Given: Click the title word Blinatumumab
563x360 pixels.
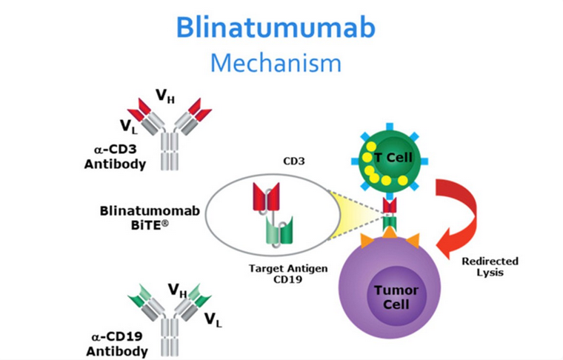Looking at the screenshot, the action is pyautogui.click(x=276, y=27).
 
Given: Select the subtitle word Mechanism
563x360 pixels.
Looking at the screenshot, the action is pyautogui.click(x=276, y=63).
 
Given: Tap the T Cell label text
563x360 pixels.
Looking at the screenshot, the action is pyautogui.click(x=393, y=157).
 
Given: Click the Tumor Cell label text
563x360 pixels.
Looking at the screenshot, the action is pyautogui.click(x=396, y=297).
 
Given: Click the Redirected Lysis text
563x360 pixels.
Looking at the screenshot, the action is pyautogui.click(x=490, y=267).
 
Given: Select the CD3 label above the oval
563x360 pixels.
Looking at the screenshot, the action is pyautogui.click(x=293, y=161).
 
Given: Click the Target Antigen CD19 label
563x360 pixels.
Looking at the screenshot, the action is pyautogui.click(x=288, y=273).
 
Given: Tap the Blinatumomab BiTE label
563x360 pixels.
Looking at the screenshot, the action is pyautogui.click(x=150, y=218).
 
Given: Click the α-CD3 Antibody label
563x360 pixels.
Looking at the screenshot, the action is pyautogui.click(x=116, y=157).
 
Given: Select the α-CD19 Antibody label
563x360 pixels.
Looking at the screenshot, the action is pyautogui.click(x=117, y=344).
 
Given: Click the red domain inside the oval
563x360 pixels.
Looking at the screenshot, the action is pyautogui.click(x=266, y=196).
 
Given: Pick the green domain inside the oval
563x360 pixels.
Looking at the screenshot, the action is pyautogui.click(x=279, y=230).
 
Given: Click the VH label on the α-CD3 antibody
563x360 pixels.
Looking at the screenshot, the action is pyautogui.click(x=165, y=96).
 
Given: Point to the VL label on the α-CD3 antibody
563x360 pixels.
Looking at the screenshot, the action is pyautogui.click(x=129, y=127).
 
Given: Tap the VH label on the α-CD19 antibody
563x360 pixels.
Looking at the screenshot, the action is pyautogui.click(x=177, y=290).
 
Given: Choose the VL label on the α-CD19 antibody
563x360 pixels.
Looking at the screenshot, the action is pyautogui.click(x=213, y=319).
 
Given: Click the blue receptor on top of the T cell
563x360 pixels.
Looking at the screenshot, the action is pyautogui.click(x=390, y=127).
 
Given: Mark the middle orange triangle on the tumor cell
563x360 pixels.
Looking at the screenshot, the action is pyautogui.click(x=390, y=233).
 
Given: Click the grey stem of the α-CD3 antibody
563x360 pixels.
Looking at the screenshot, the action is pyautogui.click(x=170, y=151).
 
